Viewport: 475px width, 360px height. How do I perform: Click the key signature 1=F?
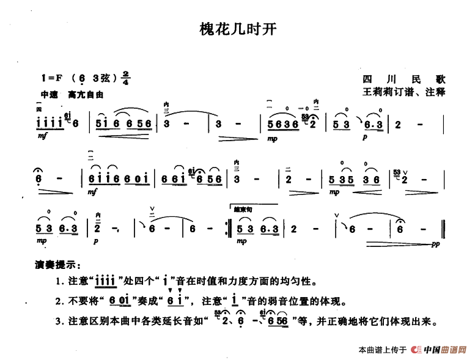[51, 78]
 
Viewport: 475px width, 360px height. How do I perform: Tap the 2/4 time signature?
[125, 78]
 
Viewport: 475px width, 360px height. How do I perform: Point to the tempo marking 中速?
[48, 95]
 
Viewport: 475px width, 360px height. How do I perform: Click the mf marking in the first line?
[41, 139]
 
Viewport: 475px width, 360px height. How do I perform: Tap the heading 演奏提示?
[57, 265]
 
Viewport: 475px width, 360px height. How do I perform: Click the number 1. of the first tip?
[58, 282]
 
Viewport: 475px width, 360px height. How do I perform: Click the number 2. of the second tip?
[58, 301]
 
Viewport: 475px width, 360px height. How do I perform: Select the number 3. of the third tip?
[58, 321]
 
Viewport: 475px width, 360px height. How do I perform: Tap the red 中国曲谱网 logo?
[440, 350]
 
